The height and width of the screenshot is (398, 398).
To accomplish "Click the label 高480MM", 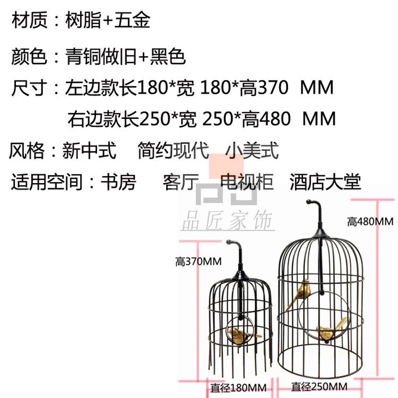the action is pyautogui.click(x=370, y=221).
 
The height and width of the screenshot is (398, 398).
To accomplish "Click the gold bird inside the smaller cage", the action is pyautogui.click(x=241, y=334).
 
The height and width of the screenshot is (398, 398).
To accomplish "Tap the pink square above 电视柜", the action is pyautogui.click(x=226, y=167).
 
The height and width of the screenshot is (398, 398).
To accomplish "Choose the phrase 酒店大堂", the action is pyautogui.click(x=325, y=182).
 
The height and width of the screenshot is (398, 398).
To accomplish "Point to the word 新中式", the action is pyautogui.click(x=89, y=151).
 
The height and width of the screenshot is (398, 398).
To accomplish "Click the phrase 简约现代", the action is pyautogui.click(x=172, y=151).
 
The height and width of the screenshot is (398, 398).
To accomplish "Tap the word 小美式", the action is pyautogui.click(x=252, y=151).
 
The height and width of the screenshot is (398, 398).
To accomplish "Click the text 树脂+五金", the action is pyautogui.click(x=107, y=20).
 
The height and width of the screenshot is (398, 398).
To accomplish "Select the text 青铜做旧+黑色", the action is pyautogui.click(x=125, y=56).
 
